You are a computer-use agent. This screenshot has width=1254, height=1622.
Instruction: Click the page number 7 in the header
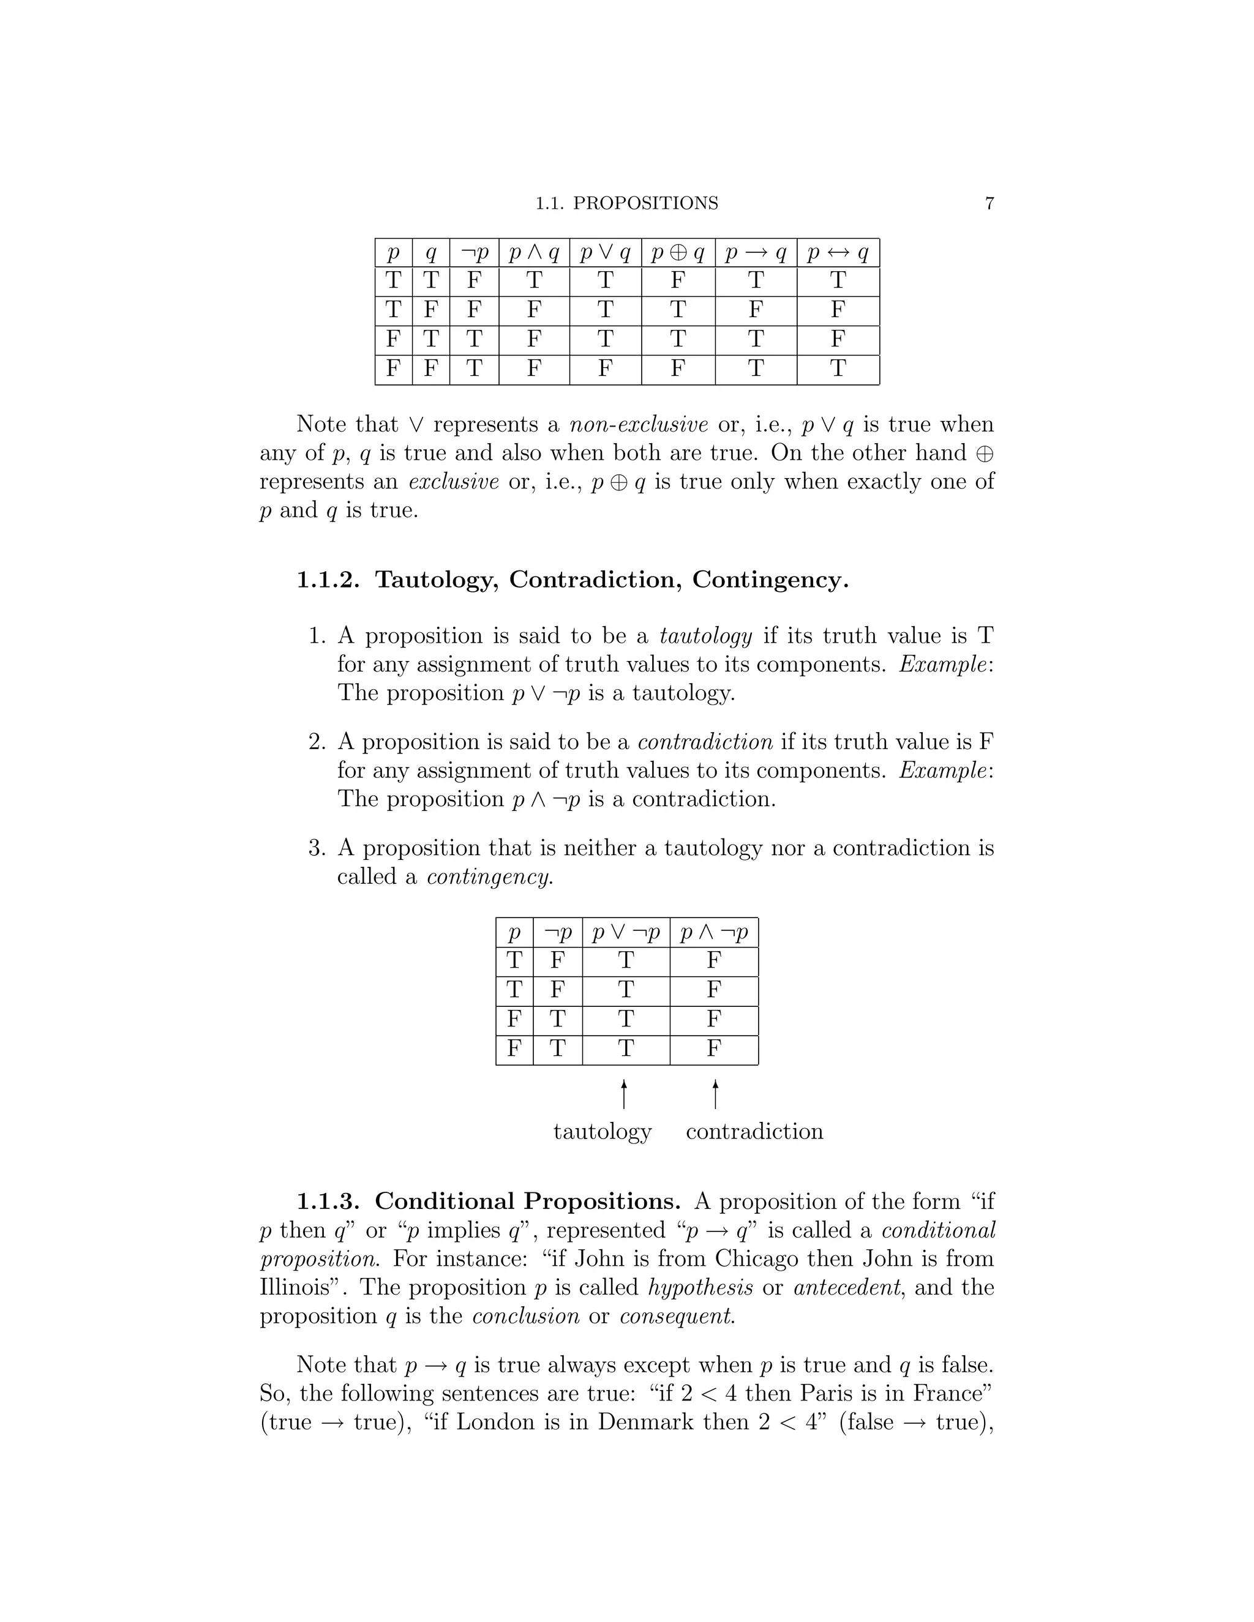coord(989,203)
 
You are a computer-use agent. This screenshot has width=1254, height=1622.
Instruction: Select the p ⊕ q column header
coord(678,254)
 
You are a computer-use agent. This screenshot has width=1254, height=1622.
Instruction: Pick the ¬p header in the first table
coord(474,254)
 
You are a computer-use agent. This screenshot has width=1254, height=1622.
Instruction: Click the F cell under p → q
coord(756,310)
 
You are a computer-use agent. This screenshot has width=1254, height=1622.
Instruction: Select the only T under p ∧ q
coord(533,281)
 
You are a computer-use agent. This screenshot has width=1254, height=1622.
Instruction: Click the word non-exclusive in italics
coord(638,425)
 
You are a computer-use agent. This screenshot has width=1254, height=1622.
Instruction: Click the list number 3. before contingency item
coord(317,848)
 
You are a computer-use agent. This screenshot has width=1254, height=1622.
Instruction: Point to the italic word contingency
coord(490,877)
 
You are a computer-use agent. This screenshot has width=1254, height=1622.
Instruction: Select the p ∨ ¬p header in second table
coord(626,933)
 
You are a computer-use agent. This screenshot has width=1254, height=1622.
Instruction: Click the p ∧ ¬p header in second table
coord(714,933)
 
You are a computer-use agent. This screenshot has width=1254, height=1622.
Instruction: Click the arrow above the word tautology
coord(624,1094)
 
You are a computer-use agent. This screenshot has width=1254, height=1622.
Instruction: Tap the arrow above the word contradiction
coord(715,1094)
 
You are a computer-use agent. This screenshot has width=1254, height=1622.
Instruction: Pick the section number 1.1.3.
coord(328,1202)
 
